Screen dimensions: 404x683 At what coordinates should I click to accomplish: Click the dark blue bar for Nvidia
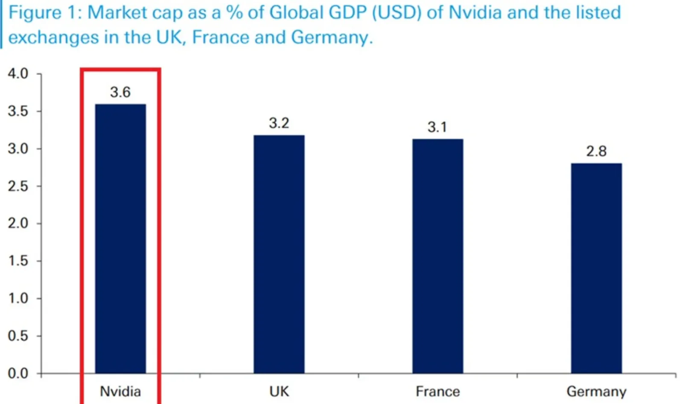pyautogui.click(x=120, y=239)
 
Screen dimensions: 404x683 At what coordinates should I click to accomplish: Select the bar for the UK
pyautogui.click(x=279, y=254)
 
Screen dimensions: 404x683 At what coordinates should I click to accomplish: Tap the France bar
pyautogui.click(x=438, y=256)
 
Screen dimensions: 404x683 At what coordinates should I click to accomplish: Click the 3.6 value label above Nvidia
pyautogui.click(x=120, y=92)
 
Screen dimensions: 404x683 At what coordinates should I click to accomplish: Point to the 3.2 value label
pyautogui.click(x=279, y=123)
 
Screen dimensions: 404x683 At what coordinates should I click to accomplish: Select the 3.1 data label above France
pyautogui.click(x=437, y=127)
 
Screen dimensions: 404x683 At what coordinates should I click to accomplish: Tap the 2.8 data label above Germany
pyautogui.click(x=596, y=151)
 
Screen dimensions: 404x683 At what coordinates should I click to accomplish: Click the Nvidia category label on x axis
pyautogui.click(x=120, y=391)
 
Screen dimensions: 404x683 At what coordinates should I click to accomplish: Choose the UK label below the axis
pyautogui.click(x=279, y=391)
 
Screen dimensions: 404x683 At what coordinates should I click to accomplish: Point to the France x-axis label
pyautogui.click(x=438, y=391)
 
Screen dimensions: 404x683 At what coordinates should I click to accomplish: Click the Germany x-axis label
pyautogui.click(x=596, y=391)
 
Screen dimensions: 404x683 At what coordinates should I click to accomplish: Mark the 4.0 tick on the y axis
pyautogui.click(x=18, y=73)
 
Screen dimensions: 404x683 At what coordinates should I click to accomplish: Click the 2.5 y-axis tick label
pyautogui.click(x=18, y=186)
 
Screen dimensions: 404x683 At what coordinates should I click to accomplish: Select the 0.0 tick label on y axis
pyautogui.click(x=18, y=373)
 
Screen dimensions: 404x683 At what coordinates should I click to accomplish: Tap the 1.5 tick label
pyautogui.click(x=18, y=261)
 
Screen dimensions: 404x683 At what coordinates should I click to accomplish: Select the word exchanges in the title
pyautogui.click(x=53, y=38)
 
